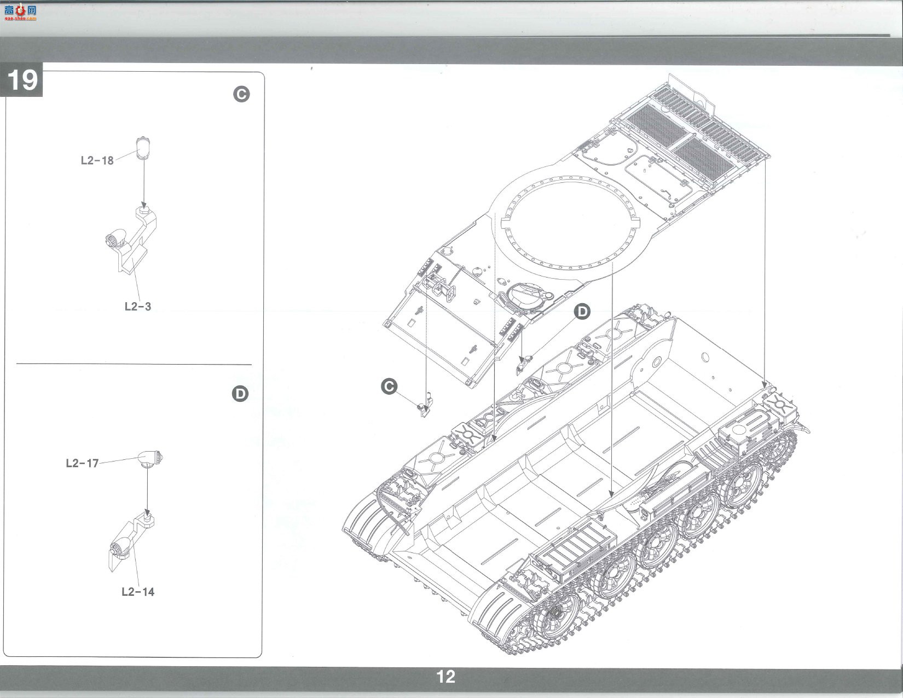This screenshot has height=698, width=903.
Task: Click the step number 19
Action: pos(23,79)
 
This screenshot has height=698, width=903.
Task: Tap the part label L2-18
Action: pos(97,160)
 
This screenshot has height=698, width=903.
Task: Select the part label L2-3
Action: pos(138,307)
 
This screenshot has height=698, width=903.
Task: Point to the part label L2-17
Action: pos(82,463)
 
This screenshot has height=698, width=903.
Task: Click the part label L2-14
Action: pos(138,592)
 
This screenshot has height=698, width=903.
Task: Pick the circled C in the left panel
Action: pos(241,94)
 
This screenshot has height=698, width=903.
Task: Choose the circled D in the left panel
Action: pos(240,394)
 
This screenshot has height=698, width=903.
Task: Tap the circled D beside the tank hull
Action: pos(582,311)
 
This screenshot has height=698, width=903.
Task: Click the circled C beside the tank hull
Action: pos(389,387)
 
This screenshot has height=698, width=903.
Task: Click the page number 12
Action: pos(446,677)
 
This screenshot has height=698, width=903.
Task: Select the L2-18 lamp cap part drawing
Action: pos(142,148)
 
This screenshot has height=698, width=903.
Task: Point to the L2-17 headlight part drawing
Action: pos(150,459)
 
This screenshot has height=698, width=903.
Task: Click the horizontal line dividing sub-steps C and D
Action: pos(134,364)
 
